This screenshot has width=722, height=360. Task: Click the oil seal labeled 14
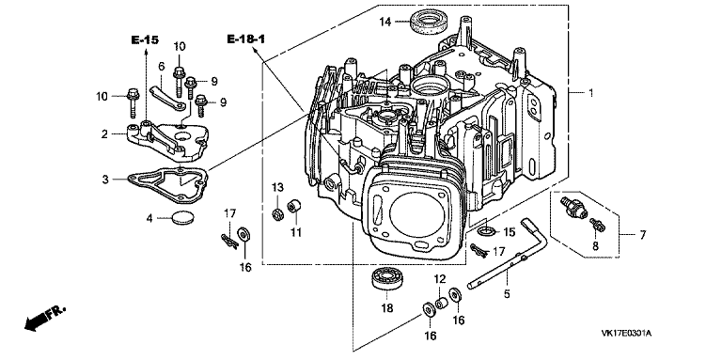pos(428,23)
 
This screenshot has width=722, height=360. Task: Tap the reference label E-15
pos(145,40)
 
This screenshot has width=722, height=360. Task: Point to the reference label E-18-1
pos(246,39)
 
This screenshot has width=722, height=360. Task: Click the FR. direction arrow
pos(44,318)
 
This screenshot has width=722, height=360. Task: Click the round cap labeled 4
pos(182,216)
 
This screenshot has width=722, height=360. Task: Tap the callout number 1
pos(591,93)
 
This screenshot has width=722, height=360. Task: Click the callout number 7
pos(643,235)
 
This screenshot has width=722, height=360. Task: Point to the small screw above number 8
pos(597,225)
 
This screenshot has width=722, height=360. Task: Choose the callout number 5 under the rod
pos(507,293)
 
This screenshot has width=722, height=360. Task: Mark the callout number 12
pos(440,278)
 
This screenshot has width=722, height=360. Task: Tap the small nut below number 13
pos(277,214)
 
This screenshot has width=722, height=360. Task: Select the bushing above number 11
pos(294,206)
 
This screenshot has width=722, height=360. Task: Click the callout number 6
pos(161,67)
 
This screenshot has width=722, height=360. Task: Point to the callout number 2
pos(104,134)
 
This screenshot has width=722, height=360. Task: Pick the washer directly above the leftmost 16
pos(243,234)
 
